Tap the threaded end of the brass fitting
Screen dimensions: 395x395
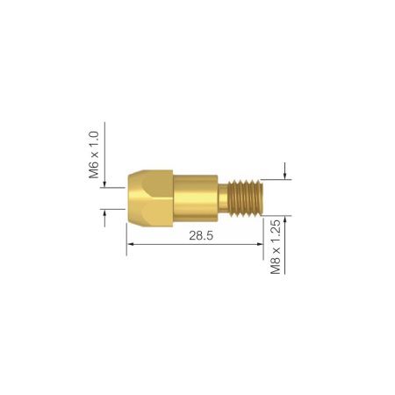pos(248,197)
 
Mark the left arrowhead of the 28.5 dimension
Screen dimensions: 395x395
pos(132,248)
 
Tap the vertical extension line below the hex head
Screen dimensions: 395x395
pos(128,235)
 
